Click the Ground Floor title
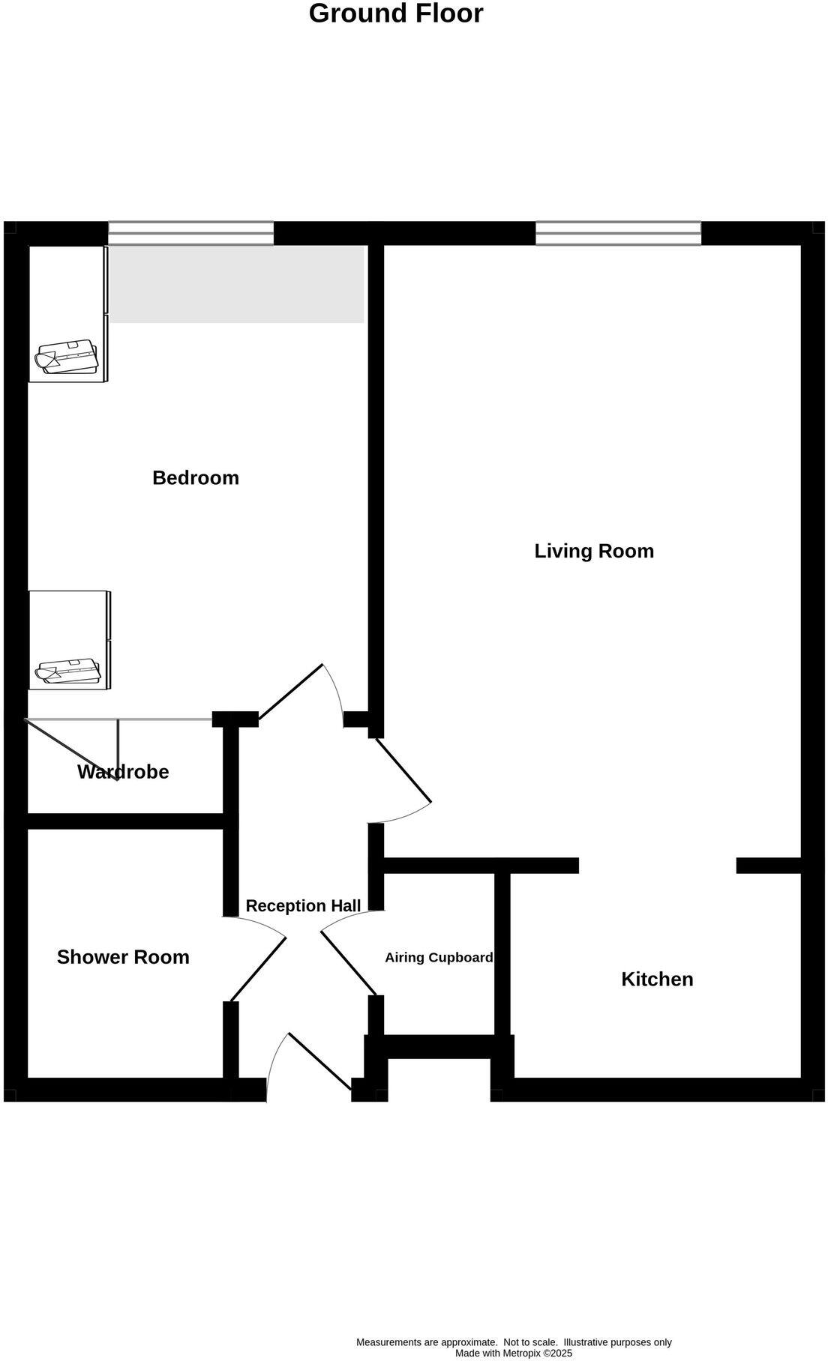tap(396, 13)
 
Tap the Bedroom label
tap(196, 478)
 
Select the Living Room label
tap(594, 552)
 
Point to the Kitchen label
tap(657, 980)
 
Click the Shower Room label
tap(123, 957)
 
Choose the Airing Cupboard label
tap(439, 958)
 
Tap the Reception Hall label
tap(303, 906)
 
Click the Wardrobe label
tap(123, 772)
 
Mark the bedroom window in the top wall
tap(191, 233)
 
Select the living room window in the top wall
tap(618, 233)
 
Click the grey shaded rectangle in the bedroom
tap(237, 285)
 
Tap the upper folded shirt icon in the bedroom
tap(68, 357)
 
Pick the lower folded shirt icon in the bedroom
tap(69, 671)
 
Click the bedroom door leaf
tap(291, 692)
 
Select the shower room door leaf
tap(259, 969)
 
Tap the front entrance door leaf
tap(320, 1061)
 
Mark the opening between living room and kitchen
tap(657, 866)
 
